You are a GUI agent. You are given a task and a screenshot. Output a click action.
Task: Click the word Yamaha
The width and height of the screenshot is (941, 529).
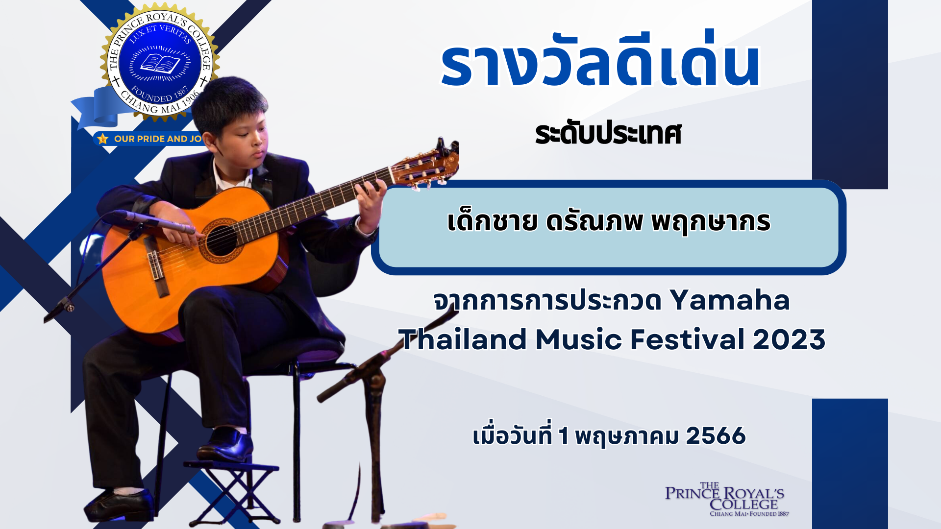[x=730, y=300]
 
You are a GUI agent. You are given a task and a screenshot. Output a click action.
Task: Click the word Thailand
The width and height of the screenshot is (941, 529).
[x=462, y=339]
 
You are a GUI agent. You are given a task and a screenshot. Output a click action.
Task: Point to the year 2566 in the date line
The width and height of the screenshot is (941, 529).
[x=716, y=435]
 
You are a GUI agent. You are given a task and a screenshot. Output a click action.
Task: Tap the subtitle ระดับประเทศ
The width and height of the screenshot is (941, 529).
[x=608, y=133]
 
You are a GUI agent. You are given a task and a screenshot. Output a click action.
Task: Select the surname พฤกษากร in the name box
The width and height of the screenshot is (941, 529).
[x=711, y=223]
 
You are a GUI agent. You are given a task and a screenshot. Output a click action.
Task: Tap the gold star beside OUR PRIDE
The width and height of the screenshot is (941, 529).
[x=102, y=139]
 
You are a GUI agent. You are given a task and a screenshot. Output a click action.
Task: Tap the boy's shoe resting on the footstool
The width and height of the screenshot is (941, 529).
[x=226, y=444]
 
